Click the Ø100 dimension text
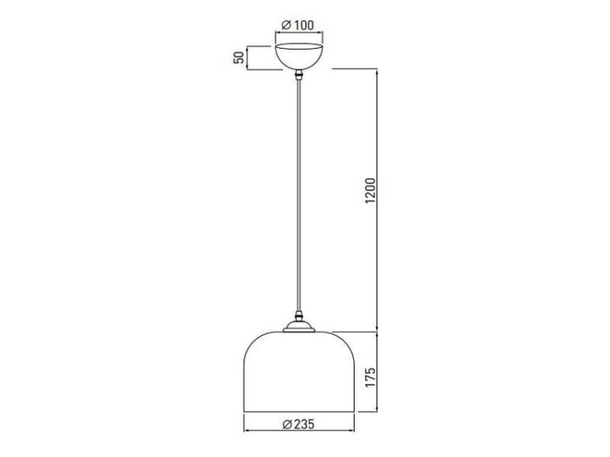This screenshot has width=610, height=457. (x=298, y=25)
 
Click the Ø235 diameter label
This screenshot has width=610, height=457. (x=298, y=424)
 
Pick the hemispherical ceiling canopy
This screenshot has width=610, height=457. (x=300, y=55)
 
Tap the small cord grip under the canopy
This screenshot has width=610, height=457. (x=300, y=76)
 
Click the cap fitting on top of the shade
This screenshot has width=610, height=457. (x=300, y=327)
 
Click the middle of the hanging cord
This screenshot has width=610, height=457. (x=300, y=195)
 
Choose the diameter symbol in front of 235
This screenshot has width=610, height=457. (x=286, y=424)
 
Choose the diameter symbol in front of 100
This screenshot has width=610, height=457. (x=286, y=25)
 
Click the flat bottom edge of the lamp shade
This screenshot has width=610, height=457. (x=299, y=412)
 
